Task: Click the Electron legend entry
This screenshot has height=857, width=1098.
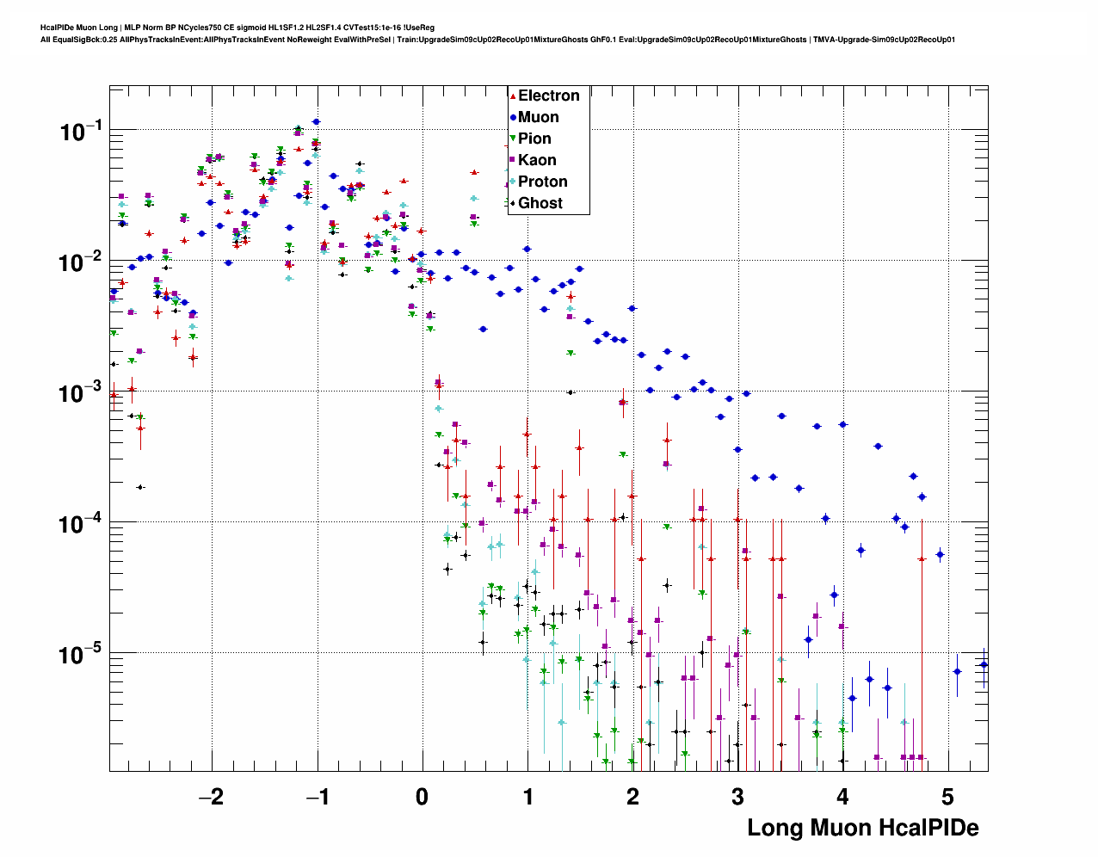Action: click(548, 96)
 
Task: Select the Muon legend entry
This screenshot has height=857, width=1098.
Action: click(538, 117)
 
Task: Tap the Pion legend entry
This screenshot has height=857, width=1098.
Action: click(534, 139)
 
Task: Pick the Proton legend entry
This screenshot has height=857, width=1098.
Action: click(542, 182)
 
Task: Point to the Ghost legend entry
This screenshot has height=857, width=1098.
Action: click(540, 203)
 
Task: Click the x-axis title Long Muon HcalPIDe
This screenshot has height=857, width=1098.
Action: click(862, 828)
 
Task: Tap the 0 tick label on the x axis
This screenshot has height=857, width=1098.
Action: click(422, 797)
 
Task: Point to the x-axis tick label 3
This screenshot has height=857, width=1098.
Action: click(738, 797)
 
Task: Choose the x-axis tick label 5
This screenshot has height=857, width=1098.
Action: click(948, 797)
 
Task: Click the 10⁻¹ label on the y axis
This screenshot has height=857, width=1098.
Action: click(82, 132)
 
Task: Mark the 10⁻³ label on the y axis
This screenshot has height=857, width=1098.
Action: click(82, 392)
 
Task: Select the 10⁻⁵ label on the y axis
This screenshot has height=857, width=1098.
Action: click(82, 655)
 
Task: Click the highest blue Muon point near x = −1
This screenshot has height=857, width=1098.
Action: click(316, 121)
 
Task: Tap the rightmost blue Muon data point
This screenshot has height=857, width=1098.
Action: click(984, 664)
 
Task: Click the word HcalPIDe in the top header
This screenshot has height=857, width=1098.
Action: click(56, 28)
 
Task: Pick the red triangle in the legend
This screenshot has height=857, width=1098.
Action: click(513, 96)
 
